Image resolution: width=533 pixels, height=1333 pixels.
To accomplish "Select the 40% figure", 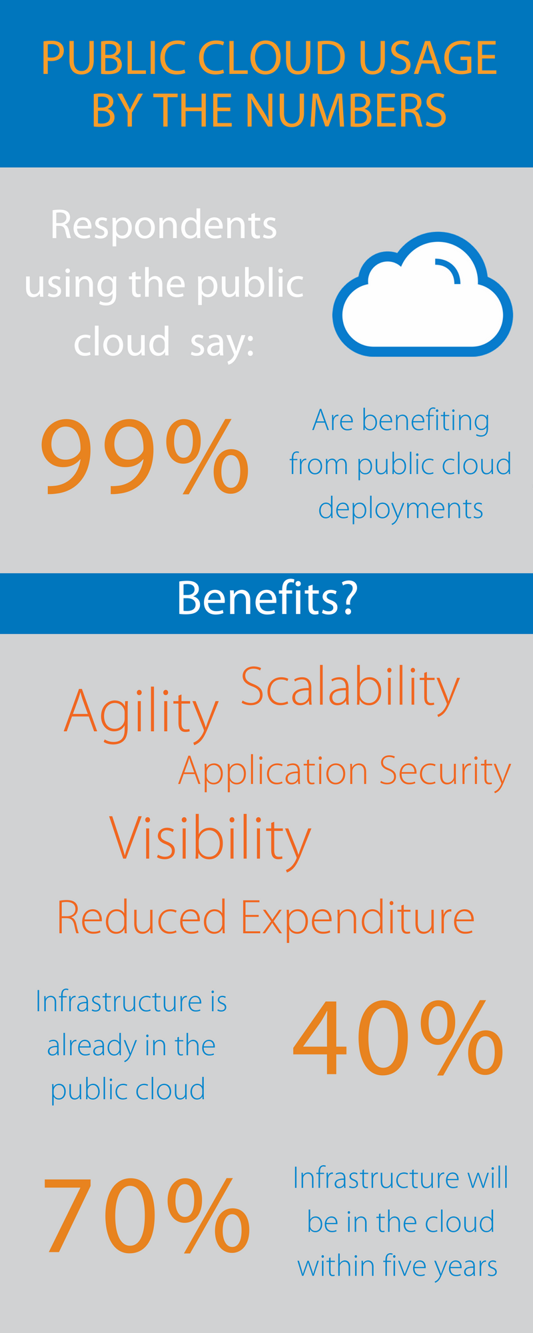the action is [398, 1038].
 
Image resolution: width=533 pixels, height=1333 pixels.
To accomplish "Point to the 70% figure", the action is [147, 1215].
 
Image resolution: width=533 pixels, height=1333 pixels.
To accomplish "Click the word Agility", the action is [141, 714].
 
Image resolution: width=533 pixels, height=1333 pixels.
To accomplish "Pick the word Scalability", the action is [350, 690].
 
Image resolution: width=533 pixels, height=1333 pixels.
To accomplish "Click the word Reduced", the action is [142, 917].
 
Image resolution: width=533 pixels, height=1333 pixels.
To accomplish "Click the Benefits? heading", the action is [267, 599].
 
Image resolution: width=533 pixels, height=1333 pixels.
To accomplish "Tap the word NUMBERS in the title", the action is [346, 111].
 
